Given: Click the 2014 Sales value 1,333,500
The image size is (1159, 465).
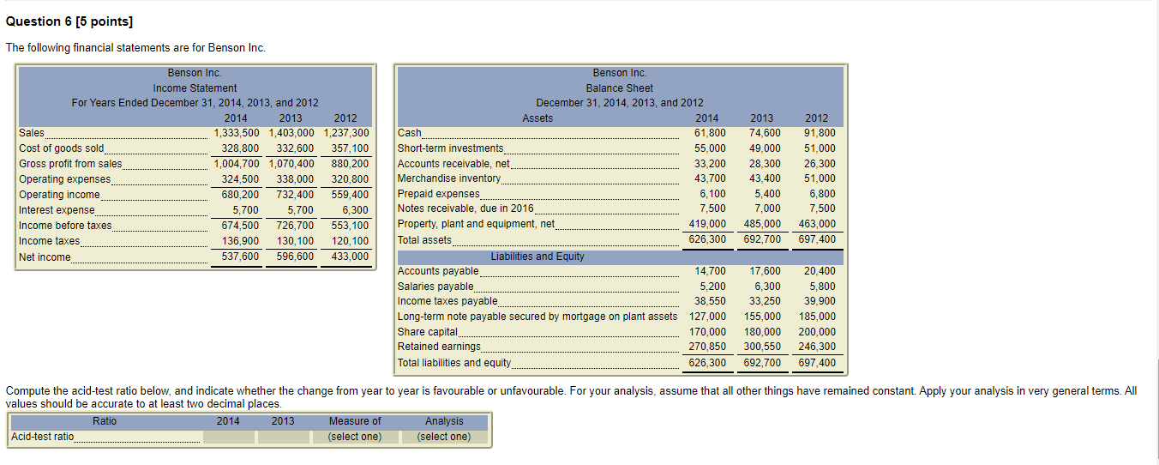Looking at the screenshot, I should (x=236, y=133).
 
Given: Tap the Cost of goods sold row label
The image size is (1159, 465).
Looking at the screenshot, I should (x=62, y=148).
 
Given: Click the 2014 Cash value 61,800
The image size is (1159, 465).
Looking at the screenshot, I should (x=710, y=133).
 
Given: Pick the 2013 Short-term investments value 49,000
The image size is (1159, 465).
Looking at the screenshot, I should (x=765, y=148).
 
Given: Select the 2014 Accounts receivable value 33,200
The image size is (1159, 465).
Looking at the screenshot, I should (x=710, y=163).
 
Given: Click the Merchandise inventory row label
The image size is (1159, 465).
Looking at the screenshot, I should (x=449, y=178).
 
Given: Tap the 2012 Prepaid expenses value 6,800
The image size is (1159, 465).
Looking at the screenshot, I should (x=821, y=194).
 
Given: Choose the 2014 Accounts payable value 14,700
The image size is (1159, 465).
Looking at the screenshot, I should (x=710, y=271).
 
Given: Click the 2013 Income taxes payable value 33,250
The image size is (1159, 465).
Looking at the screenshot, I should (x=765, y=301).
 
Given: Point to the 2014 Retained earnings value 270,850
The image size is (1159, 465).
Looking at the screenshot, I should (x=708, y=347).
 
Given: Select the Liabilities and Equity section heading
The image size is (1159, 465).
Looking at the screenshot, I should (x=537, y=257).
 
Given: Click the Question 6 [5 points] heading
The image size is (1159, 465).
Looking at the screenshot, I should (x=69, y=21).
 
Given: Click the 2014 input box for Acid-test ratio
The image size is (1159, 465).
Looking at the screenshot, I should (x=228, y=437).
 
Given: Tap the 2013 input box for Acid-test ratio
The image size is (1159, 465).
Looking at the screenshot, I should (x=283, y=437).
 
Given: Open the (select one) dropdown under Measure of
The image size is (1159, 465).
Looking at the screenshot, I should (x=355, y=437).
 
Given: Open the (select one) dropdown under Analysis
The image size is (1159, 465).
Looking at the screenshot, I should (x=444, y=437).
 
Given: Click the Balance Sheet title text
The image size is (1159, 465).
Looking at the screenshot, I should (x=619, y=88).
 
